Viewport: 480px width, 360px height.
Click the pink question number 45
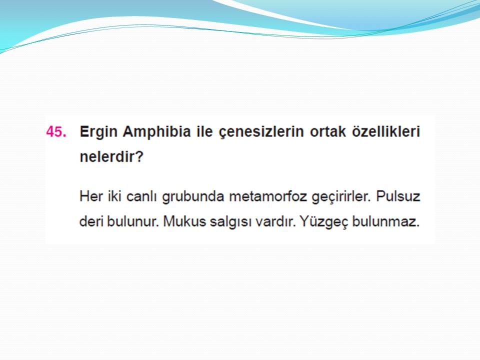pyautogui.click(x=56, y=131)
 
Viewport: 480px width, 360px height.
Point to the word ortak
pyautogui.click(x=328, y=131)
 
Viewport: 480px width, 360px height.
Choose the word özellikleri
pyautogui.click(x=386, y=131)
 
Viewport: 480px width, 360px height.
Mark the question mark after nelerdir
pyautogui.click(x=139, y=156)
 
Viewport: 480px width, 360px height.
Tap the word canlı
pyautogui.click(x=141, y=196)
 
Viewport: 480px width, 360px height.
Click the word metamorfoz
pyautogui.click(x=268, y=196)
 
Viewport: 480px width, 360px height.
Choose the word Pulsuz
pyautogui.click(x=398, y=196)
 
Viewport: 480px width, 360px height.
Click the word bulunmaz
pyautogui.click(x=386, y=221)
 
